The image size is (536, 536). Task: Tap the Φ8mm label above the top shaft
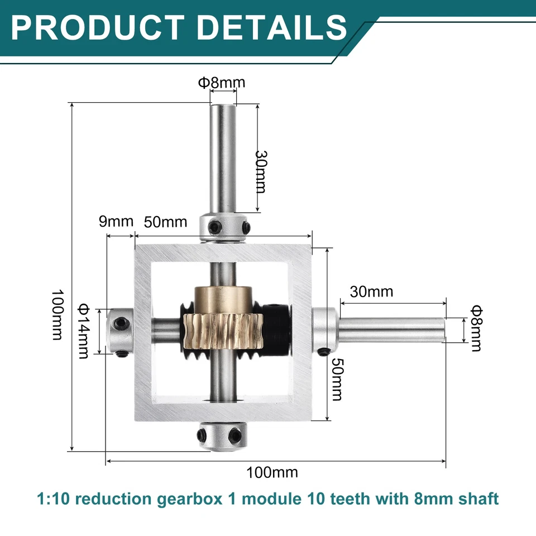pyautogui.click(x=221, y=83)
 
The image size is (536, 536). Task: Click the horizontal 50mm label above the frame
pyautogui.click(x=165, y=221)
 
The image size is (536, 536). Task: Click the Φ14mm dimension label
pyautogui.click(x=84, y=331)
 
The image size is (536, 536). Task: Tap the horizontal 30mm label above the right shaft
pyautogui.click(x=372, y=291)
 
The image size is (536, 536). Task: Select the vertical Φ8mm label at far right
pyautogui.click(x=476, y=328)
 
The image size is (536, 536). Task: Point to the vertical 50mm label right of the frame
pyautogui.click(x=336, y=380)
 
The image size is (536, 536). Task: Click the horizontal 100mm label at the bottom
pyautogui.click(x=272, y=472)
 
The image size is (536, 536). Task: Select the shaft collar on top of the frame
pyautogui.click(x=226, y=227)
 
